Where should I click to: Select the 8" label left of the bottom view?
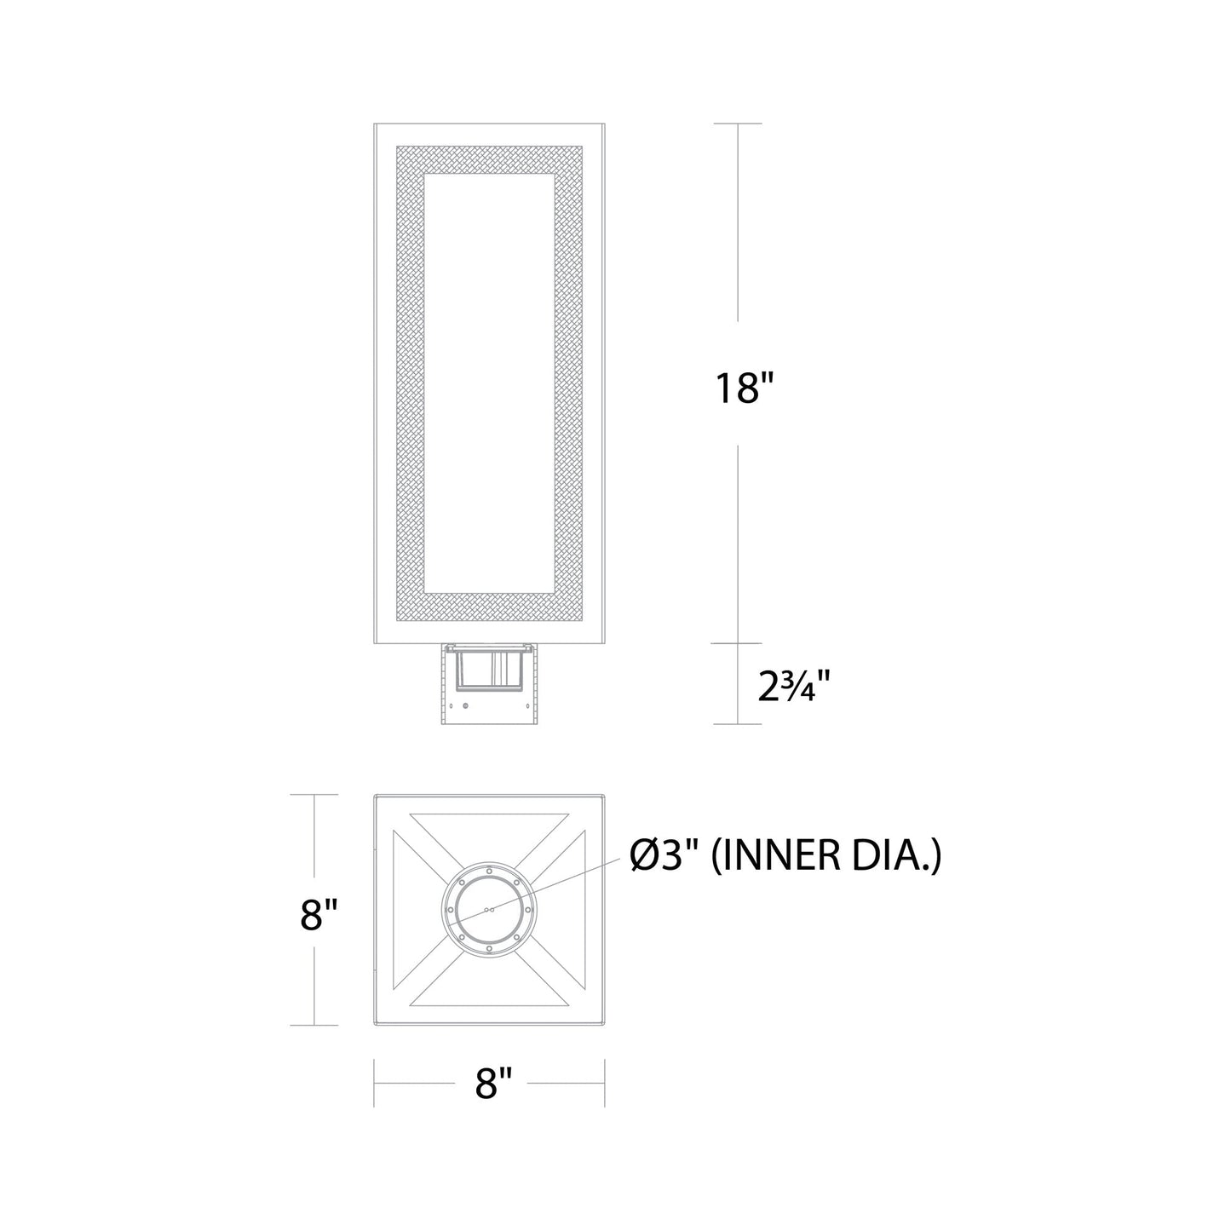[319, 917]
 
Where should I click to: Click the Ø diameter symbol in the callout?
[643, 857]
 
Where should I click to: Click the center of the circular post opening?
[488, 909]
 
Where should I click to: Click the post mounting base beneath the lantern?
[488, 686]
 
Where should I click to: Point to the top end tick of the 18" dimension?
[737, 124]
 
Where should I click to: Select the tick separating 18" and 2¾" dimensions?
[737, 643]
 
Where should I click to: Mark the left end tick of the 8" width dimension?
[375, 1083]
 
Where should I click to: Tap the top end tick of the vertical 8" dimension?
[314, 795]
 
